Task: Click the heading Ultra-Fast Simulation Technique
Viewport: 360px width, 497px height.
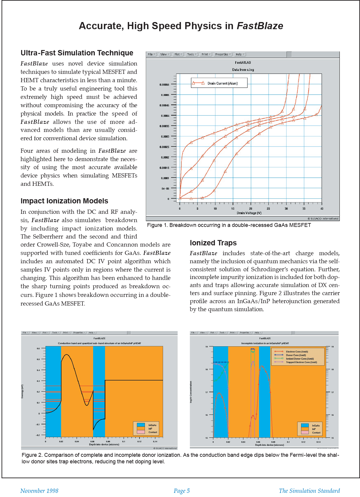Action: point(77,53)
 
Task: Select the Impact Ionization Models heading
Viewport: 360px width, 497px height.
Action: point(64,201)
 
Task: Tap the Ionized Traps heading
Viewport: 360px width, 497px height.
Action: point(213,243)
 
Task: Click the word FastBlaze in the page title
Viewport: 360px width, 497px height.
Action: point(260,26)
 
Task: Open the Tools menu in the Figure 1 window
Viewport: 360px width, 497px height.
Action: point(192,54)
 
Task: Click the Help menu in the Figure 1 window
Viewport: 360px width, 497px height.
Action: point(240,54)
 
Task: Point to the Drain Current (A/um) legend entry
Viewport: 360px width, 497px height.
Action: point(222,83)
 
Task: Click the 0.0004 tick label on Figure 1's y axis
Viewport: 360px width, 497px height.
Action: point(165,116)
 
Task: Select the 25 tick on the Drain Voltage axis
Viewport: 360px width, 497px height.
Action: point(268,209)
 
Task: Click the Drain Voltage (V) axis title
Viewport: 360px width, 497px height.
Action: point(249,213)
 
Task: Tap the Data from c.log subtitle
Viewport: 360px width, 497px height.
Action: point(243,70)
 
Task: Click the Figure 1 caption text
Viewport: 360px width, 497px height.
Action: point(229,225)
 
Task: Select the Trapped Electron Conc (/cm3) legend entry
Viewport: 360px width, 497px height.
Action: point(301,362)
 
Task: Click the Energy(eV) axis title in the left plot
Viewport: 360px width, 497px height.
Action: point(22,391)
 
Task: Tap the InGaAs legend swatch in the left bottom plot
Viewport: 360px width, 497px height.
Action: point(141,425)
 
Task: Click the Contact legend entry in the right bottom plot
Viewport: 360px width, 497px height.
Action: point(316,433)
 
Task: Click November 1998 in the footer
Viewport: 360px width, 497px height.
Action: point(39,491)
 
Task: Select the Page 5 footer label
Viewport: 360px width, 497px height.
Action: point(181,491)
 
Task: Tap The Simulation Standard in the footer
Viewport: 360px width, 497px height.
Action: point(309,491)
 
